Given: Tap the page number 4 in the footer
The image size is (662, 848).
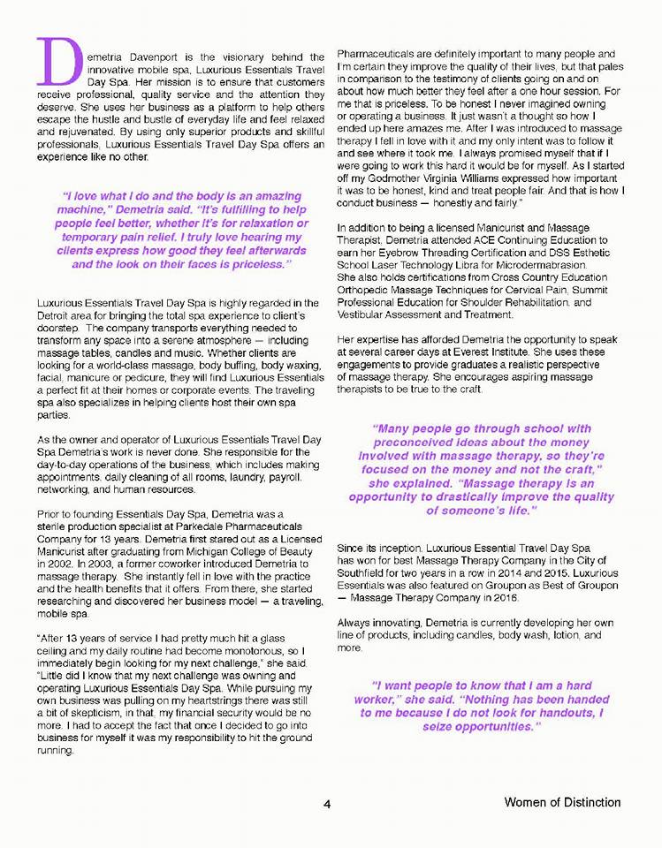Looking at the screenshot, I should (x=327, y=804).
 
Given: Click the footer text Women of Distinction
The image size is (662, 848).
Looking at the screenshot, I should (x=562, y=803).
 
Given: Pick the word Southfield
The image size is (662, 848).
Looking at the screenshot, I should (x=365, y=572).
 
